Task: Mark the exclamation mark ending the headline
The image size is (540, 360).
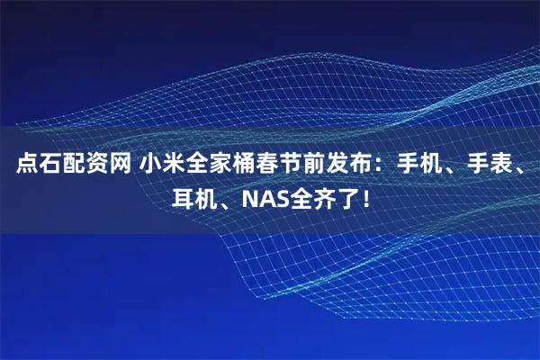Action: pos(361,198)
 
